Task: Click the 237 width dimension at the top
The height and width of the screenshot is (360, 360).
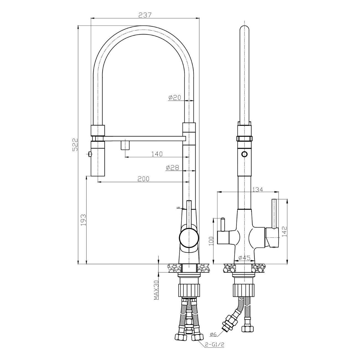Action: tap(145, 15)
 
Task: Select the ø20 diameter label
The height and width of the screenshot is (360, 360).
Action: tap(174, 97)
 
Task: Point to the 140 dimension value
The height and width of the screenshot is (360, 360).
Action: tap(157, 154)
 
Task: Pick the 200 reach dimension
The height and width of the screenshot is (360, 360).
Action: tap(143, 179)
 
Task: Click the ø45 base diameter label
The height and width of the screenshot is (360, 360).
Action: tap(244, 258)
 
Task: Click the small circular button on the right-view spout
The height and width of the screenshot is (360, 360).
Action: tap(244, 154)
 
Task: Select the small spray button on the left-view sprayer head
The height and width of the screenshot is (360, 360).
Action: tap(89, 154)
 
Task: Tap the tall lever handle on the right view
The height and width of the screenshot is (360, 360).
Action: tap(275, 213)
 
